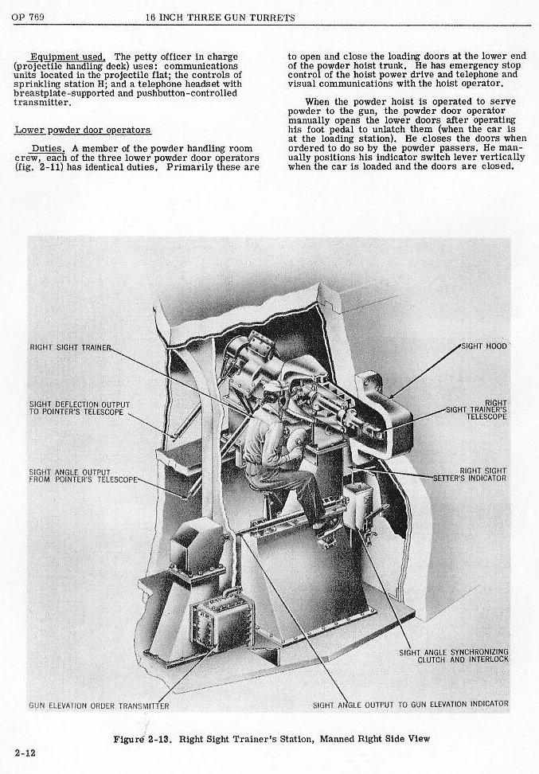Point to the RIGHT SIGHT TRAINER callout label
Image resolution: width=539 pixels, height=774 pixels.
67,347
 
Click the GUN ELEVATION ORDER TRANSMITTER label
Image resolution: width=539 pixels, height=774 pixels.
99,706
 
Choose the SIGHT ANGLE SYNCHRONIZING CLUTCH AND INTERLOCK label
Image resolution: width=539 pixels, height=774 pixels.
453,656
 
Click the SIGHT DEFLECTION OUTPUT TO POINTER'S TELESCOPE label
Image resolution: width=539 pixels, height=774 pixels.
78,408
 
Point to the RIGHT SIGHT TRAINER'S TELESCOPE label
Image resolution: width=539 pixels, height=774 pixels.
476,409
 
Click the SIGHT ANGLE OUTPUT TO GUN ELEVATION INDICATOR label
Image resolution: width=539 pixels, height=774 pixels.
410,705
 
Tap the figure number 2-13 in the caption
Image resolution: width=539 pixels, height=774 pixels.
158,738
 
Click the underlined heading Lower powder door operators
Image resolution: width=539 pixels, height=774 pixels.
83,129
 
